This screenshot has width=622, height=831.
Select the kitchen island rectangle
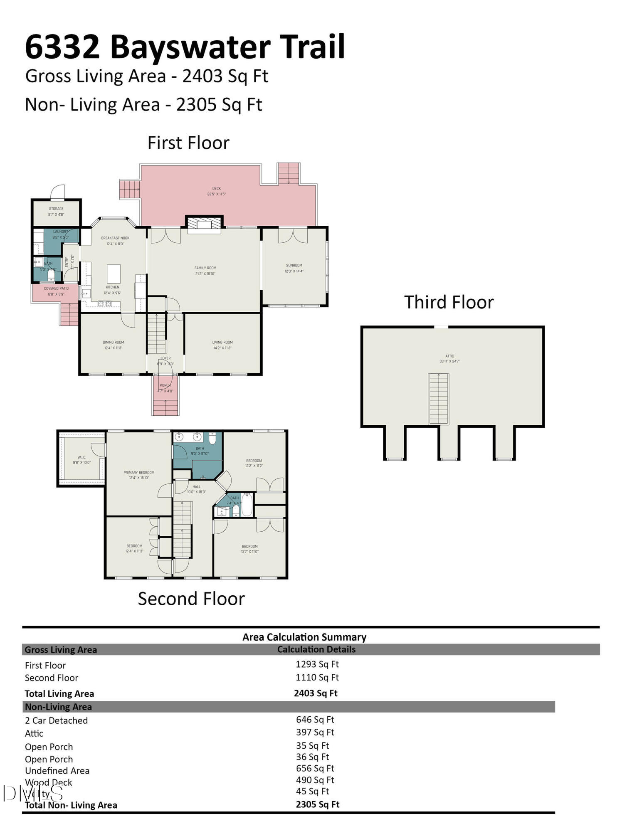[x=114, y=274]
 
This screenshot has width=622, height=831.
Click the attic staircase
[x=439, y=399]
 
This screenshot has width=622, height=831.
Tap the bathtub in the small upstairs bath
[x=247, y=505]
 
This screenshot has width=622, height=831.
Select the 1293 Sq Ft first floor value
[x=317, y=664]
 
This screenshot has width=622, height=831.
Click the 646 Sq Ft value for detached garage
[x=315, y=720]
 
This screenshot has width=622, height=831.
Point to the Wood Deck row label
[x=49, y=782]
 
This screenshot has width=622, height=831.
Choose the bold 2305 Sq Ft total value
[x=318, y=804]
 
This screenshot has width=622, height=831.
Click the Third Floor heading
[x=449, y=302]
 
